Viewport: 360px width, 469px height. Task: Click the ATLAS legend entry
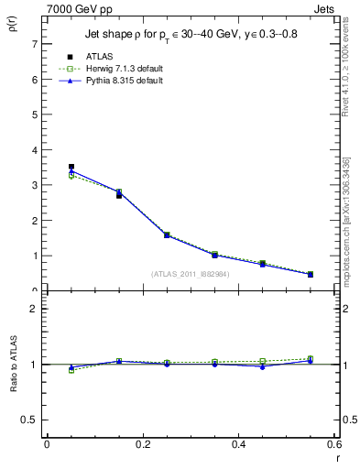point(100,58)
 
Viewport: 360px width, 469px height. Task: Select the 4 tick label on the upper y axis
point(34,149)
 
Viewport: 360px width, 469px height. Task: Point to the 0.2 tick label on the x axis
point(142,444)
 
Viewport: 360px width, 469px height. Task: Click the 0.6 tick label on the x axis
point(333,444)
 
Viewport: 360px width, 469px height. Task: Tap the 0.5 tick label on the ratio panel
point(30,420)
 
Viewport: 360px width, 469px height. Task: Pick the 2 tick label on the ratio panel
point(34,309)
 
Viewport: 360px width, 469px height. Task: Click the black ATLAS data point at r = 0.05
point(71,167)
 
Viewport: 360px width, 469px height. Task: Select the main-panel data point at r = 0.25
point(167,234)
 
